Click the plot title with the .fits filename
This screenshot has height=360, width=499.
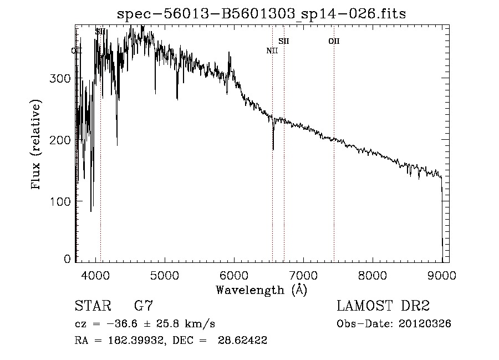point(262,14)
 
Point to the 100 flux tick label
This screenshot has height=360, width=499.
point(59,200)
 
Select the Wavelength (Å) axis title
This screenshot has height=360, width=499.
point(261,290)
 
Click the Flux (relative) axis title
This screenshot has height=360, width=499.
point(37,145)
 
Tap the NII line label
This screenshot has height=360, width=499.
point(272,51)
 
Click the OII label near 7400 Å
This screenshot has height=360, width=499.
point(334,41)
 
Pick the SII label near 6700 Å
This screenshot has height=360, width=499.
point(284,41)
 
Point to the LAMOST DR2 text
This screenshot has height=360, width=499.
point(383,306)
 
